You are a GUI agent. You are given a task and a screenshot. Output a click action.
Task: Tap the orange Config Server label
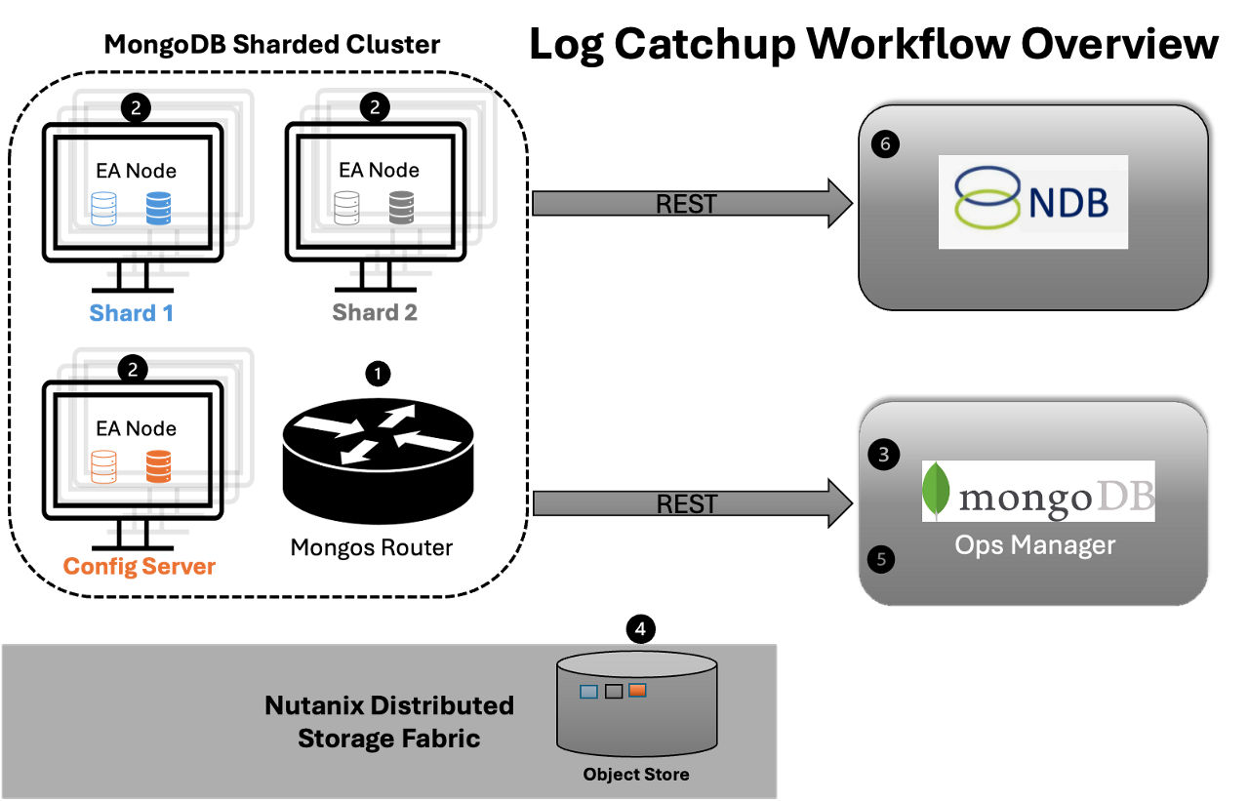click(x=139, y=566)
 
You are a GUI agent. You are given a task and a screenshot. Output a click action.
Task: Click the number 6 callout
click(x=885, y=144)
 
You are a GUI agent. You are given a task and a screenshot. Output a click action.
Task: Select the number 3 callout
click(x=883, y=455)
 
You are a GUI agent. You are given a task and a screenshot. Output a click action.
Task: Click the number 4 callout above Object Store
click(x=640, y=629)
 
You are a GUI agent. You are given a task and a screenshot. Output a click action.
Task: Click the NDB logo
click(x=1032, y=201)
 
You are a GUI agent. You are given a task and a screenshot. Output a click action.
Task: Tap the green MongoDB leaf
click(x=937, y=491)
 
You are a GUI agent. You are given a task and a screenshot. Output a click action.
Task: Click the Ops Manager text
click(x=1034, y=544)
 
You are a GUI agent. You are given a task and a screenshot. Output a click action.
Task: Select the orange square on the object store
click(x=637, y=691)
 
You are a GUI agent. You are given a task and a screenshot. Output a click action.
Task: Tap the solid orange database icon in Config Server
click(x=156, y=465)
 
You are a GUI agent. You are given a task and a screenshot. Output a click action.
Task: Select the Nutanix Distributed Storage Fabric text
click(x=389, y=721)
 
